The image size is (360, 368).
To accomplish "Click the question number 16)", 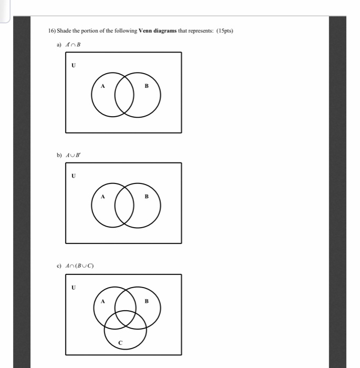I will point(52,31).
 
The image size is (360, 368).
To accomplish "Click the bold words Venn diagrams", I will point(156,31).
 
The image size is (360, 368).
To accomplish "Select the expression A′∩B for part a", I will point(72,45).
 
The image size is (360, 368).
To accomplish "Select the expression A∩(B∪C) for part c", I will point(79,265).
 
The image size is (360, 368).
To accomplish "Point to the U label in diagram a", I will point(74,66).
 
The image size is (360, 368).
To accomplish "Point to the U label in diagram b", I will point(74,176).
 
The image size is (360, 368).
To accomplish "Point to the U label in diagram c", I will point(74,288).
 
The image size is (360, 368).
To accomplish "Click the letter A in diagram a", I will point(102,86).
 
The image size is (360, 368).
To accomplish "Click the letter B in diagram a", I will point(147,86).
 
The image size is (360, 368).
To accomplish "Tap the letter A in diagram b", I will point(102,196).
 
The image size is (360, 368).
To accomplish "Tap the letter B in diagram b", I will point(147,196).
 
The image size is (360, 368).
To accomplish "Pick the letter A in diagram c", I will point(103,301).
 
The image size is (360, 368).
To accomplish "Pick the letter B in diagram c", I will point(147,301).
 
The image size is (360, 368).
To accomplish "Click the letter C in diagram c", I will point(120,343).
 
